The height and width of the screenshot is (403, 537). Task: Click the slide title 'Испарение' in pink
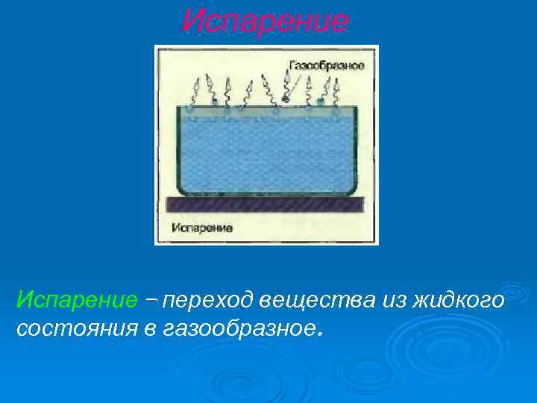(265, 22)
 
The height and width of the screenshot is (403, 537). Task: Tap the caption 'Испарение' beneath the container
(202, 227)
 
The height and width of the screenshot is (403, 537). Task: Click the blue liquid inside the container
(266, 149)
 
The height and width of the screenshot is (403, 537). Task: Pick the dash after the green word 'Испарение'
(151, 301)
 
